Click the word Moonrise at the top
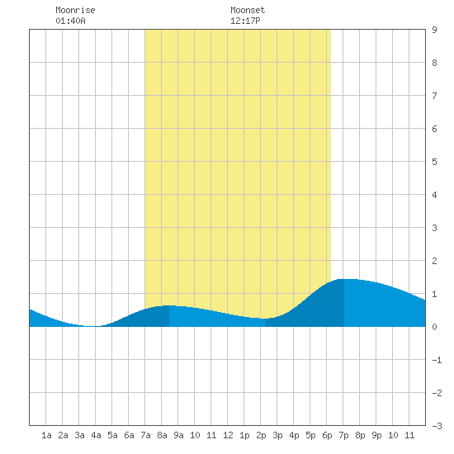(x=75, y=10)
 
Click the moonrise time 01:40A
(x=70, y=21)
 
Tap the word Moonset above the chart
(x=248, y=10)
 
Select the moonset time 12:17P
(x=245, y=21)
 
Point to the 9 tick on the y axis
(x=434, y=30)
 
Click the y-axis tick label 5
(x=434, y=162)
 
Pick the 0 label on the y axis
(x=434, y=327)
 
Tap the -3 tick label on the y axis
(x=437, y=426)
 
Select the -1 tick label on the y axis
(x=437, y=360)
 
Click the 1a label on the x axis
(x=46, y=435)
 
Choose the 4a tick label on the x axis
(x=96, y=435)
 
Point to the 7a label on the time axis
(x=145, y=435)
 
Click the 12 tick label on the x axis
(x=228, y=435)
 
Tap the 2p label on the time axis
(x=261, y=435)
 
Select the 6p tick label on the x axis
(x=327, y=435)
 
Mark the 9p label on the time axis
(x=376, y=435)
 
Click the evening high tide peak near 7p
(x=344, y=279)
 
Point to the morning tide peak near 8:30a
(x=169, y=305)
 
